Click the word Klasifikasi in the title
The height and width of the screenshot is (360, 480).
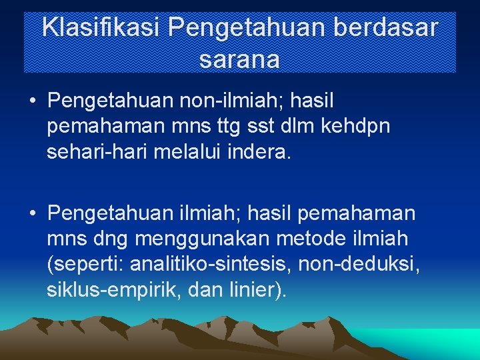(x=101, y=28)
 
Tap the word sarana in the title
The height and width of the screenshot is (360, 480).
(x=239, y=59)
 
